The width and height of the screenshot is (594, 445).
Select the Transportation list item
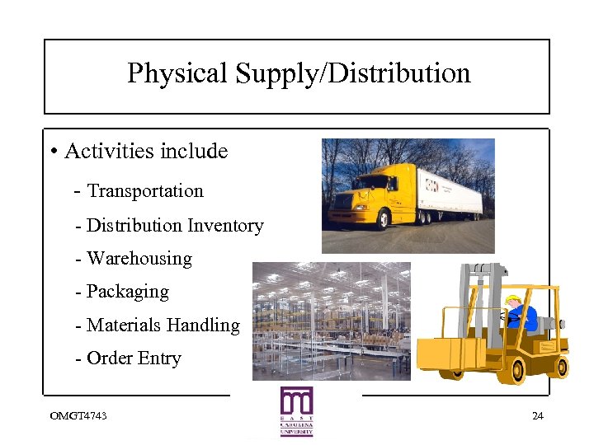[145, 191]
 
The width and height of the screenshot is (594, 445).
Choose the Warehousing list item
[139, 259]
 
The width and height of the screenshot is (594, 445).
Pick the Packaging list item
[128, 292]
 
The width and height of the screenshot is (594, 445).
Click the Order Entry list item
[134, 358]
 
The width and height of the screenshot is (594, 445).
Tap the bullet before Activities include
[53, 152]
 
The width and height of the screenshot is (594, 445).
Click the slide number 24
[538, 415]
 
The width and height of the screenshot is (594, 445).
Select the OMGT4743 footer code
[78, 415]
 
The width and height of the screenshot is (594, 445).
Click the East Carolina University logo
[296, 410]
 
